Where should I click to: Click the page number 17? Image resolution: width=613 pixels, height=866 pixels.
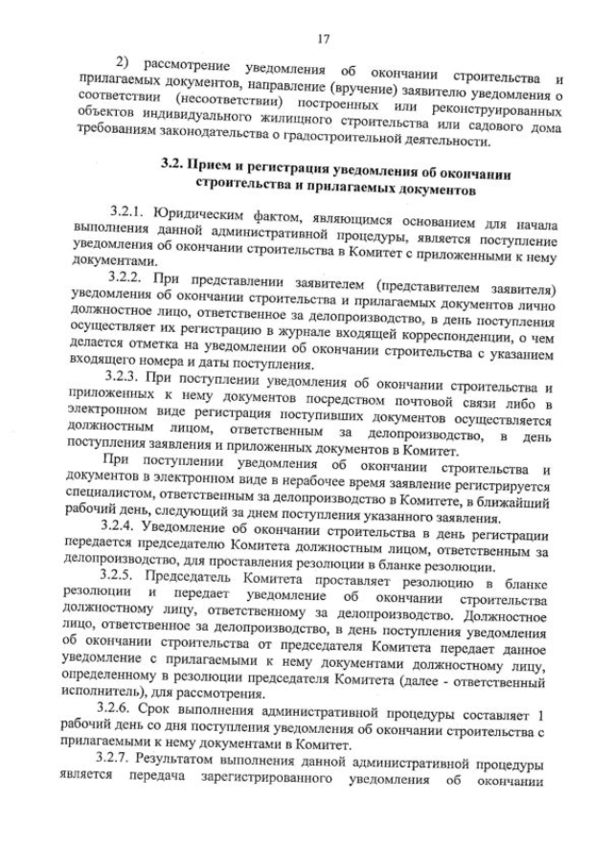(x=323, y=38)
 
